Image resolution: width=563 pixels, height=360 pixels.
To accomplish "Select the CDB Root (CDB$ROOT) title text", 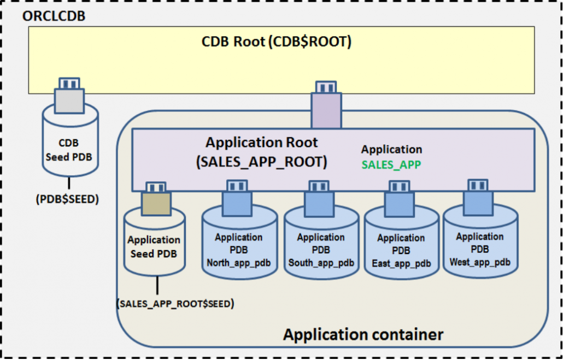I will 276,42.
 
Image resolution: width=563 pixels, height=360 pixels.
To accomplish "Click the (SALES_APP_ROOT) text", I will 261,162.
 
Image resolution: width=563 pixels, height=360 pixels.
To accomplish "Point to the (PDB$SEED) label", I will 68,199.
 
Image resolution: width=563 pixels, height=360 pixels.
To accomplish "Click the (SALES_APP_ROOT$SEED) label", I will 175,304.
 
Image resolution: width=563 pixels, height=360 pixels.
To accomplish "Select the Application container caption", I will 363,334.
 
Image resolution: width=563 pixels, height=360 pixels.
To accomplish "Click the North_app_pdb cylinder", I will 238,246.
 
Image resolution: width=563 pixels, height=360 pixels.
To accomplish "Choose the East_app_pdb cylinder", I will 401,247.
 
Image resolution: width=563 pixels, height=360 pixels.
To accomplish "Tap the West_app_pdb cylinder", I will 479,246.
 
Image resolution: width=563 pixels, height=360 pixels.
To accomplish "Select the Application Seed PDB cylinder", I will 154,246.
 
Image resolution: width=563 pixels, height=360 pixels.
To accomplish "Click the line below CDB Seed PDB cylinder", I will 69,184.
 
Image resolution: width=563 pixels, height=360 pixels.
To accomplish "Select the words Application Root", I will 261,143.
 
